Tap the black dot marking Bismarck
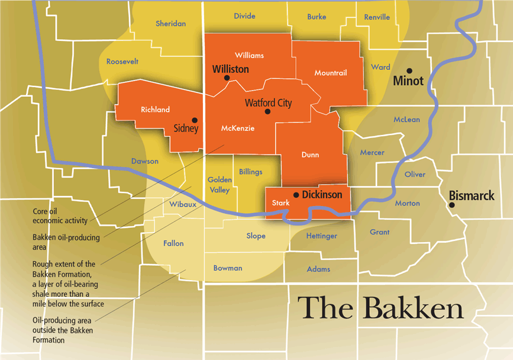tap(452, 205)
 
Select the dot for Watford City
tap(267, 111)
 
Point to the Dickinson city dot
tap(296, 194)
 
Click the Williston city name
tap(230, 69)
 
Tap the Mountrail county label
tap(330, 73)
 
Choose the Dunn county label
tap(309, 155)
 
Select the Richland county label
tap(155, 110)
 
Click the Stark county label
tap(280, 203)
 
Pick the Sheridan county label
tap(170, 24)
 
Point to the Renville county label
tap(377, 17)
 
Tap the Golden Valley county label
tap(218, 185)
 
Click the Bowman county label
tap(227, 268)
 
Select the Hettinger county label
tap(321, 236)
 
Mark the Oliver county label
tap(415, 175)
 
